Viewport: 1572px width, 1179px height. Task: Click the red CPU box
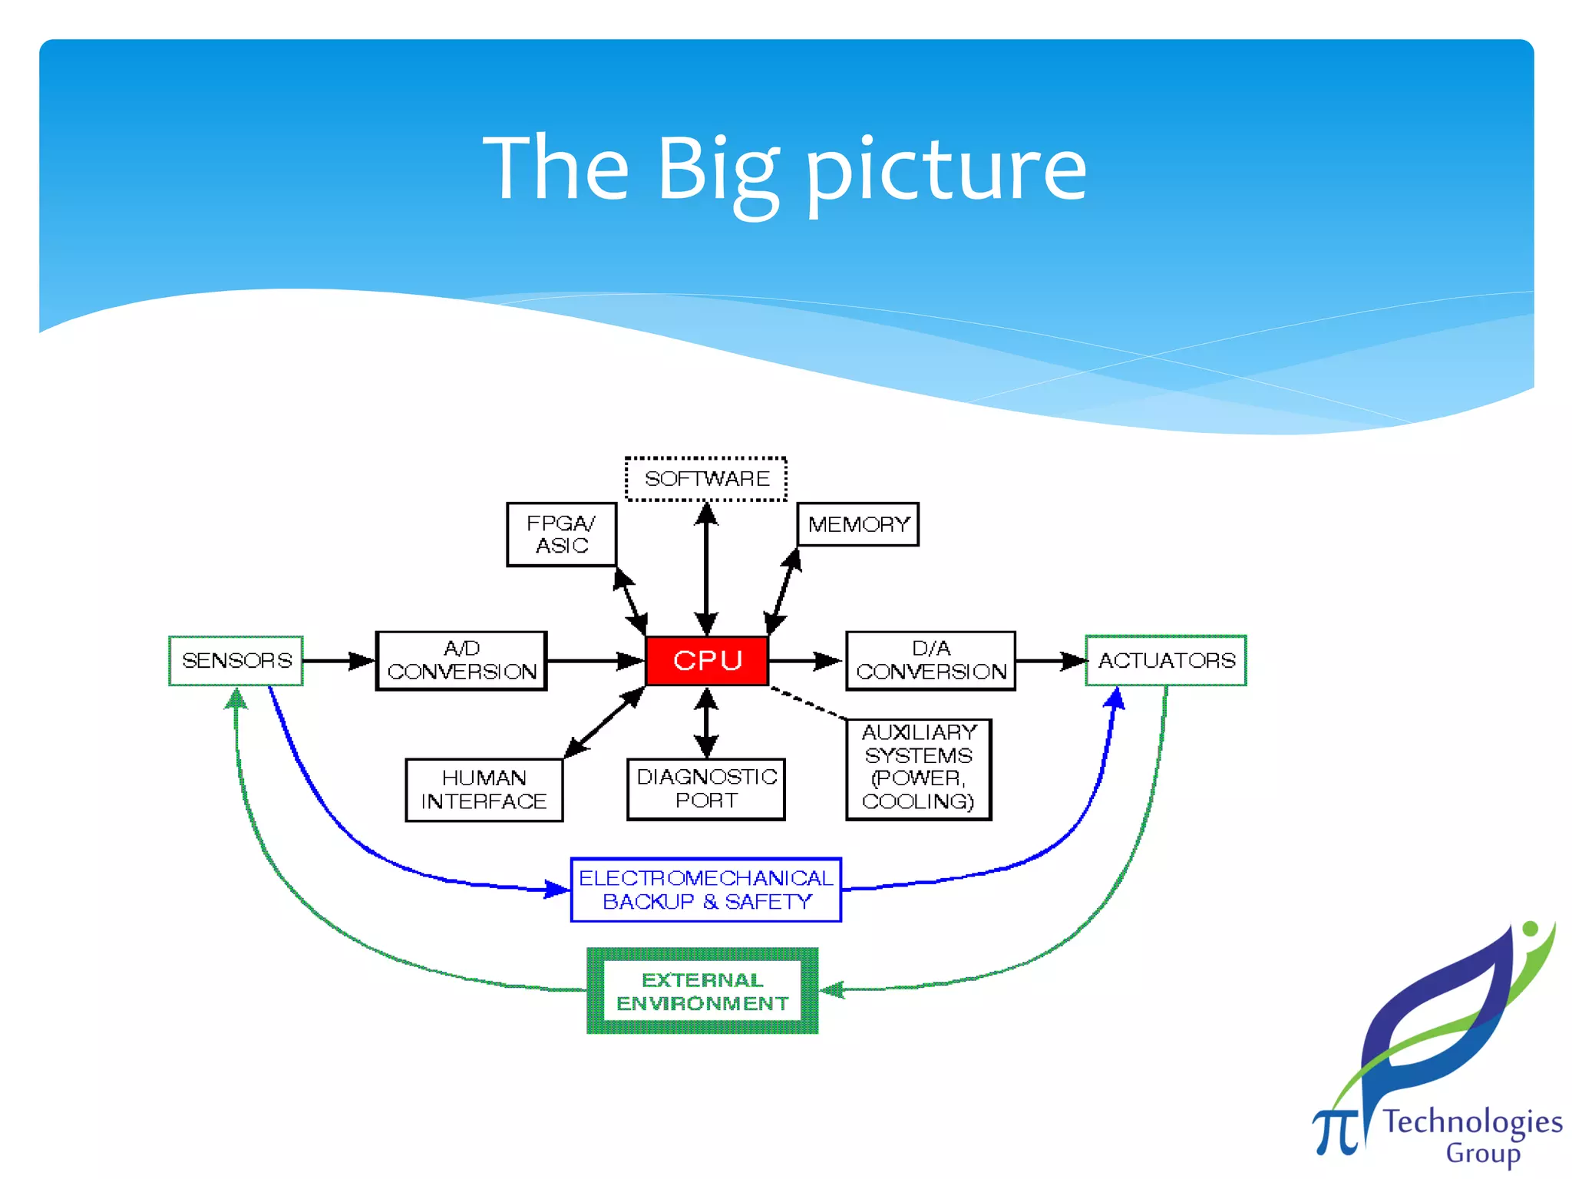click(x=707, y=660)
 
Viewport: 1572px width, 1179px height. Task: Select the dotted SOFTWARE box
click(x=706, y=479)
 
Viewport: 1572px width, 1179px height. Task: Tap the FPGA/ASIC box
click(x=562, y=534)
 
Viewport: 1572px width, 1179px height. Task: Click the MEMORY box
click(x=858, y=525)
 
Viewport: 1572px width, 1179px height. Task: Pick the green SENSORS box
click(x=236, y=660)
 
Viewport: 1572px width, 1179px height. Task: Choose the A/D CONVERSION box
click(x=461, y=661)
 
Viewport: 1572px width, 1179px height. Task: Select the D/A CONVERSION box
click(x=930, y=661)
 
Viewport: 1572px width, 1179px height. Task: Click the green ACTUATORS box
click(x=1166, y=660)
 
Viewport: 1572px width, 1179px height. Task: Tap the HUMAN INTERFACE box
click(x=484, y=790)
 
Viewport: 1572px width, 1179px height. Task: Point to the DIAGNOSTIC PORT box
click(x=706, y=789)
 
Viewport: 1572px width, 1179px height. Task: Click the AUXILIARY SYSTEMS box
click(x=919, y=769)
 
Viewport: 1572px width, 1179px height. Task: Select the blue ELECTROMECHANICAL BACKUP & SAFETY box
click(x=706, y=890)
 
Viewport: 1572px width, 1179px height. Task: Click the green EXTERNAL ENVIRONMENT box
click(x=702, y=992)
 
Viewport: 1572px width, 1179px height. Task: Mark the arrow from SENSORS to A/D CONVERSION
click(x=339, y=661)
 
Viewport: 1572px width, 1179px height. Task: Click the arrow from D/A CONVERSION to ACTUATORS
click(x=1050, y=661)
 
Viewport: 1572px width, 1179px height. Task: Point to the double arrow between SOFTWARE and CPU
click(x=706, y=568)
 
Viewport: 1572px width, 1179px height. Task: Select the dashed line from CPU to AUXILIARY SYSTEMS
click(x=807, y=703)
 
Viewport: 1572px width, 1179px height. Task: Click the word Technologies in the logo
click(x=1472, y=1123)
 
